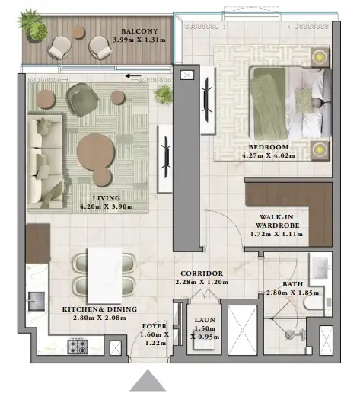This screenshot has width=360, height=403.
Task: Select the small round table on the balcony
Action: pos(78,32)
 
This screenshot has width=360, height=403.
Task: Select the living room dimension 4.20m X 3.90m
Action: pos(107,206)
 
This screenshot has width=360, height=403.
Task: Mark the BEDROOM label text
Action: pos(268,147)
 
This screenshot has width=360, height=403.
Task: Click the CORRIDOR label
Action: pos(201,273)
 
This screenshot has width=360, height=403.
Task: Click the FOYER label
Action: pos(155,326)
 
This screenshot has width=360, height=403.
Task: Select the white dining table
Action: pos(107,275)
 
